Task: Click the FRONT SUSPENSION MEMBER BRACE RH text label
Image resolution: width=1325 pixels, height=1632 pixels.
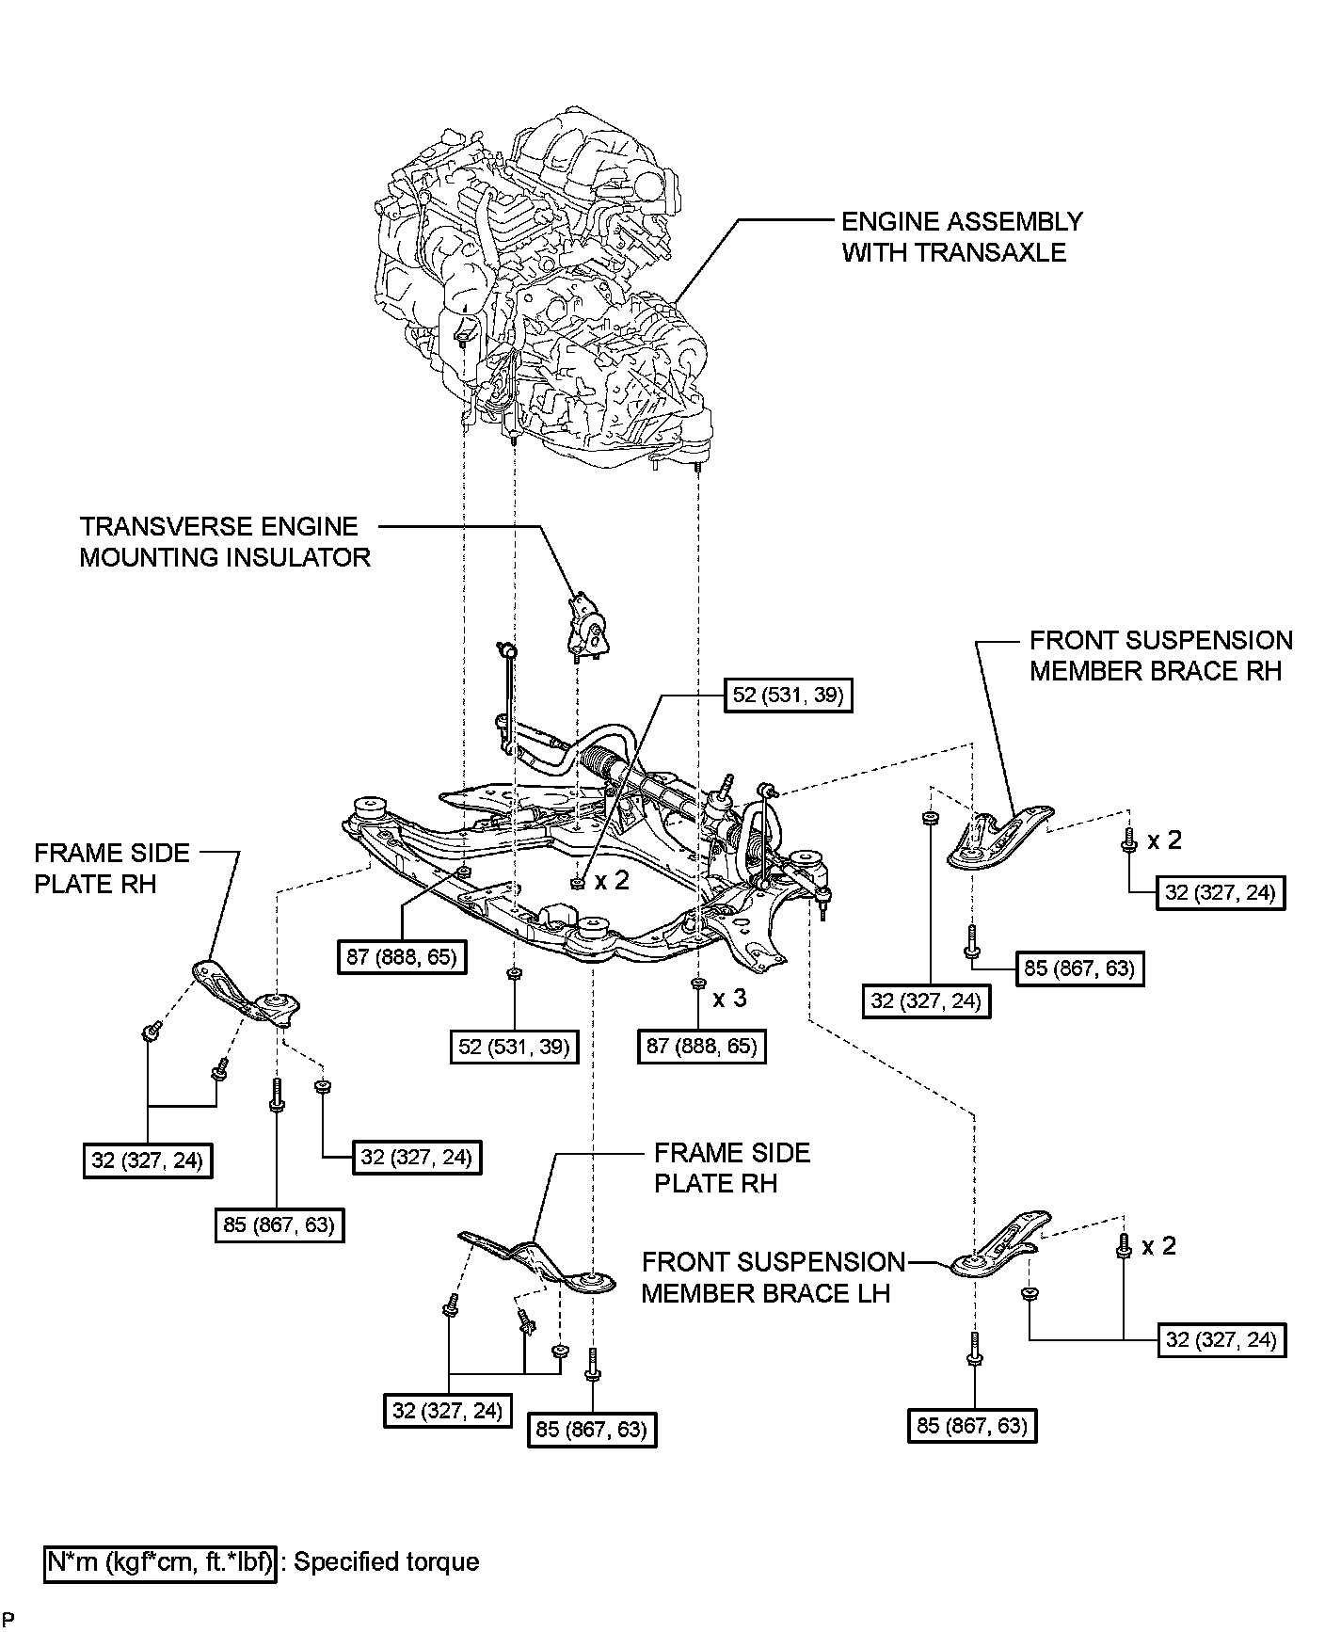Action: coord(1160,656)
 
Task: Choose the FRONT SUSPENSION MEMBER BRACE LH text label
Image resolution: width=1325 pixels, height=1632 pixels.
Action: coord(772,1277)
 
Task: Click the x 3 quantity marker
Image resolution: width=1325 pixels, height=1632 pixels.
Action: coord(729,998)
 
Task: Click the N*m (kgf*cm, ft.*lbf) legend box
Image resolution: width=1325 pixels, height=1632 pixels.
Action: coord(161,1562)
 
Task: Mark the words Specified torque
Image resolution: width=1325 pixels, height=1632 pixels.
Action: coord(387,1562)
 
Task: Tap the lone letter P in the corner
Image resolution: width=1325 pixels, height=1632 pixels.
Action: coord(7,1619)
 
